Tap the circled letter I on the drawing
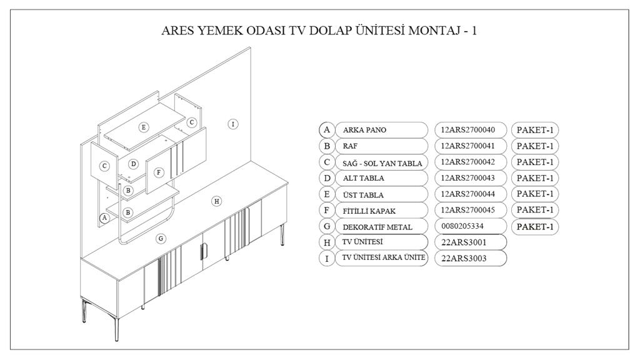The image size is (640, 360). click(232, 124)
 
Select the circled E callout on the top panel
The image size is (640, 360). click(144, 127)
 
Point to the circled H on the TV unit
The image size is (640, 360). click(216, 201)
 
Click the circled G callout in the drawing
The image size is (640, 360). click(161, 238)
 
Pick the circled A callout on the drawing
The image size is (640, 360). click(105, 217)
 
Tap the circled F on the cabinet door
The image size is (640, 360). click(159, 172)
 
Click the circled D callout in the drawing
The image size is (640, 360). click(133, 164)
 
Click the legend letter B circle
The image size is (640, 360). click(326, 146)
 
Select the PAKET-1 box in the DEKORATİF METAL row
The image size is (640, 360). click(534, 226)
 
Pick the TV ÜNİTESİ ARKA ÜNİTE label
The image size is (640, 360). click(381, 257)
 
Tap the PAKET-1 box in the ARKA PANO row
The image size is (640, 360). click(534, 130)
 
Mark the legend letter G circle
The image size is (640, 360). click(326, 226)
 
